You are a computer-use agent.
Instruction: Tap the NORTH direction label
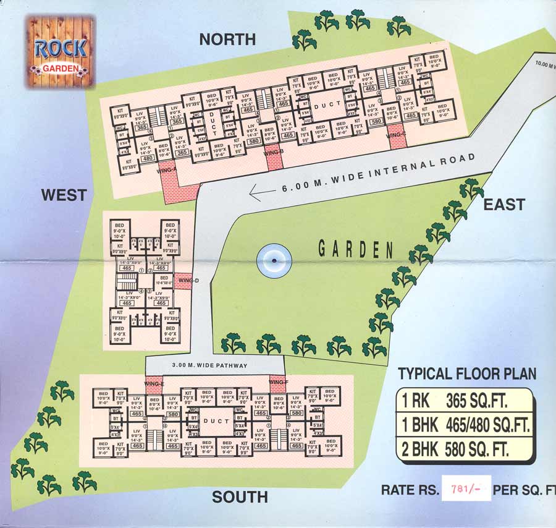pyautogui.click(x=227, y=40)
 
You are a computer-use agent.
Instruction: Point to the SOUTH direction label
pyautogui.click(x=240, y=497)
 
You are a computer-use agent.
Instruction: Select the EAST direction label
pyautogui.click(x=504, y=205)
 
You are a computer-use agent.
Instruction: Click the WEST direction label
pyautogui.click(x=64, y=195)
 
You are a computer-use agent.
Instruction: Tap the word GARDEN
pyautogui.click(x=355, y=250)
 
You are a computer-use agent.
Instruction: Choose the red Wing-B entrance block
pyautogui.click(x=274, y=160)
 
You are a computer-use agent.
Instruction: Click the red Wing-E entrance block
pyautogui.click(x=154, y=383)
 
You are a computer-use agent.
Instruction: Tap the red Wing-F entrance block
pyautogui.click(x=279, y=383)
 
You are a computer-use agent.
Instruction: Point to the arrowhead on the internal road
pyautogui.click(x=255, y=194)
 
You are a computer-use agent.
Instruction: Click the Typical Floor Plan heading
pyautogui.click(x=467, y=373)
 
